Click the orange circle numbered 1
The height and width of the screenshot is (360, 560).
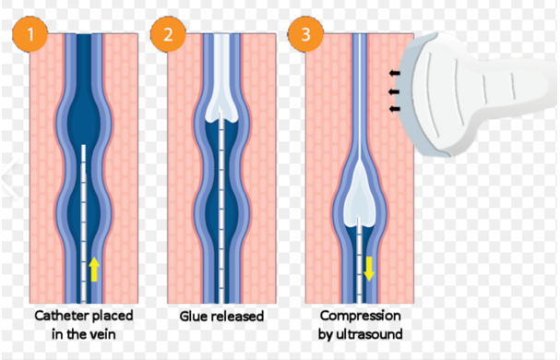pos(30,34)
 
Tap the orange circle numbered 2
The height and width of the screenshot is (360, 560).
pos(168,34)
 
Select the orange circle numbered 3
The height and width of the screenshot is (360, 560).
pos(305,34)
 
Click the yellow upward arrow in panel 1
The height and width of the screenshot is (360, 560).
pos(94,269)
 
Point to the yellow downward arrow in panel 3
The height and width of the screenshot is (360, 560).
pos(369,269)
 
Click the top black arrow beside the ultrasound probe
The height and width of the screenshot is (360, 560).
pos(394,73)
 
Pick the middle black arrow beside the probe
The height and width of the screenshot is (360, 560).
pos(394,92)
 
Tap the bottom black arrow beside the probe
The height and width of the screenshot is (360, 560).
pos(394,109)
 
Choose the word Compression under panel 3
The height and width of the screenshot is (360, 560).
pos(361,316)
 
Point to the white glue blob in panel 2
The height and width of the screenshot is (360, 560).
pos(221,86)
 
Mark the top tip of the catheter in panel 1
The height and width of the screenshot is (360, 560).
pos(84,145)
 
